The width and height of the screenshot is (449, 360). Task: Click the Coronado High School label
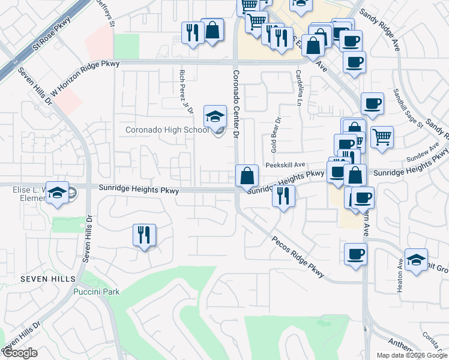click(166, 130)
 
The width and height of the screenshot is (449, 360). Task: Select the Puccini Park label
click(96, 292)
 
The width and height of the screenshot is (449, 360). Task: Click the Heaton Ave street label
click(400, 275)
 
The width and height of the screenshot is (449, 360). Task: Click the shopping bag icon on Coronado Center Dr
click(247, 176)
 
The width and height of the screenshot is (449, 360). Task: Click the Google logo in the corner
click(20, 352)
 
